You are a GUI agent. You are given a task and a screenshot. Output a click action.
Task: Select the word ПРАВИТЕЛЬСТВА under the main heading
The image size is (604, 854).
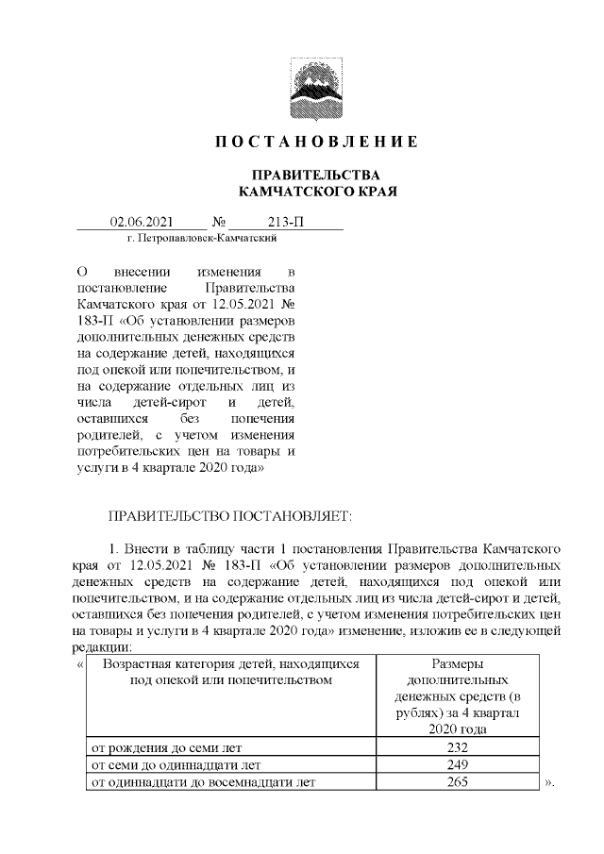(302, 176)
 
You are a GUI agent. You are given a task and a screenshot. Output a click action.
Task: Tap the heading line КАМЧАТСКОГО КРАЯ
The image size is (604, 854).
(302, 192)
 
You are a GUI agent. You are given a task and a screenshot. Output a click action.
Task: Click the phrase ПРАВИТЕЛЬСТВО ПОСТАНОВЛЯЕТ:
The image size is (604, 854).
(230, 516)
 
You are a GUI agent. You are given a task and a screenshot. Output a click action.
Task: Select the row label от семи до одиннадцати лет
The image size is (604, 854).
(174, 764)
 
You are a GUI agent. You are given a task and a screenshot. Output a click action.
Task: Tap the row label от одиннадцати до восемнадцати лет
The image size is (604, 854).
(199, 781)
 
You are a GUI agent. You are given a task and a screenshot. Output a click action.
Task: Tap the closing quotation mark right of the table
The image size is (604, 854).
(550, 783)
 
